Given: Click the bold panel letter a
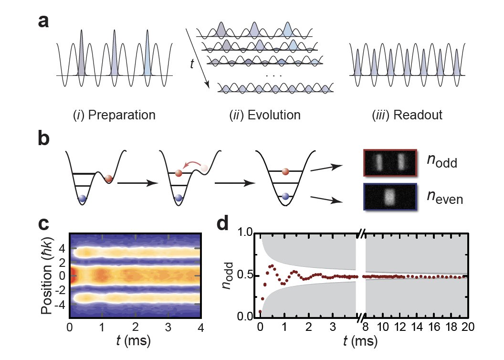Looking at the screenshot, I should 44,22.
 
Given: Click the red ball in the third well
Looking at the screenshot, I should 285,171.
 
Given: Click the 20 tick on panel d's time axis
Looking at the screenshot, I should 467,328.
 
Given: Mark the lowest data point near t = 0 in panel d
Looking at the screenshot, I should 261,312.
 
